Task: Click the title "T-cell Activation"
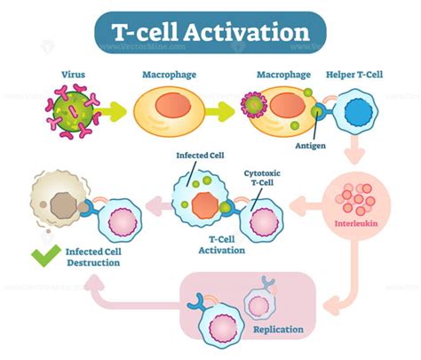click(x=210, y=34)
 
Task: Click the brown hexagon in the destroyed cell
click(x=60, y=204)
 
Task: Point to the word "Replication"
click(x=279, y=329)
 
